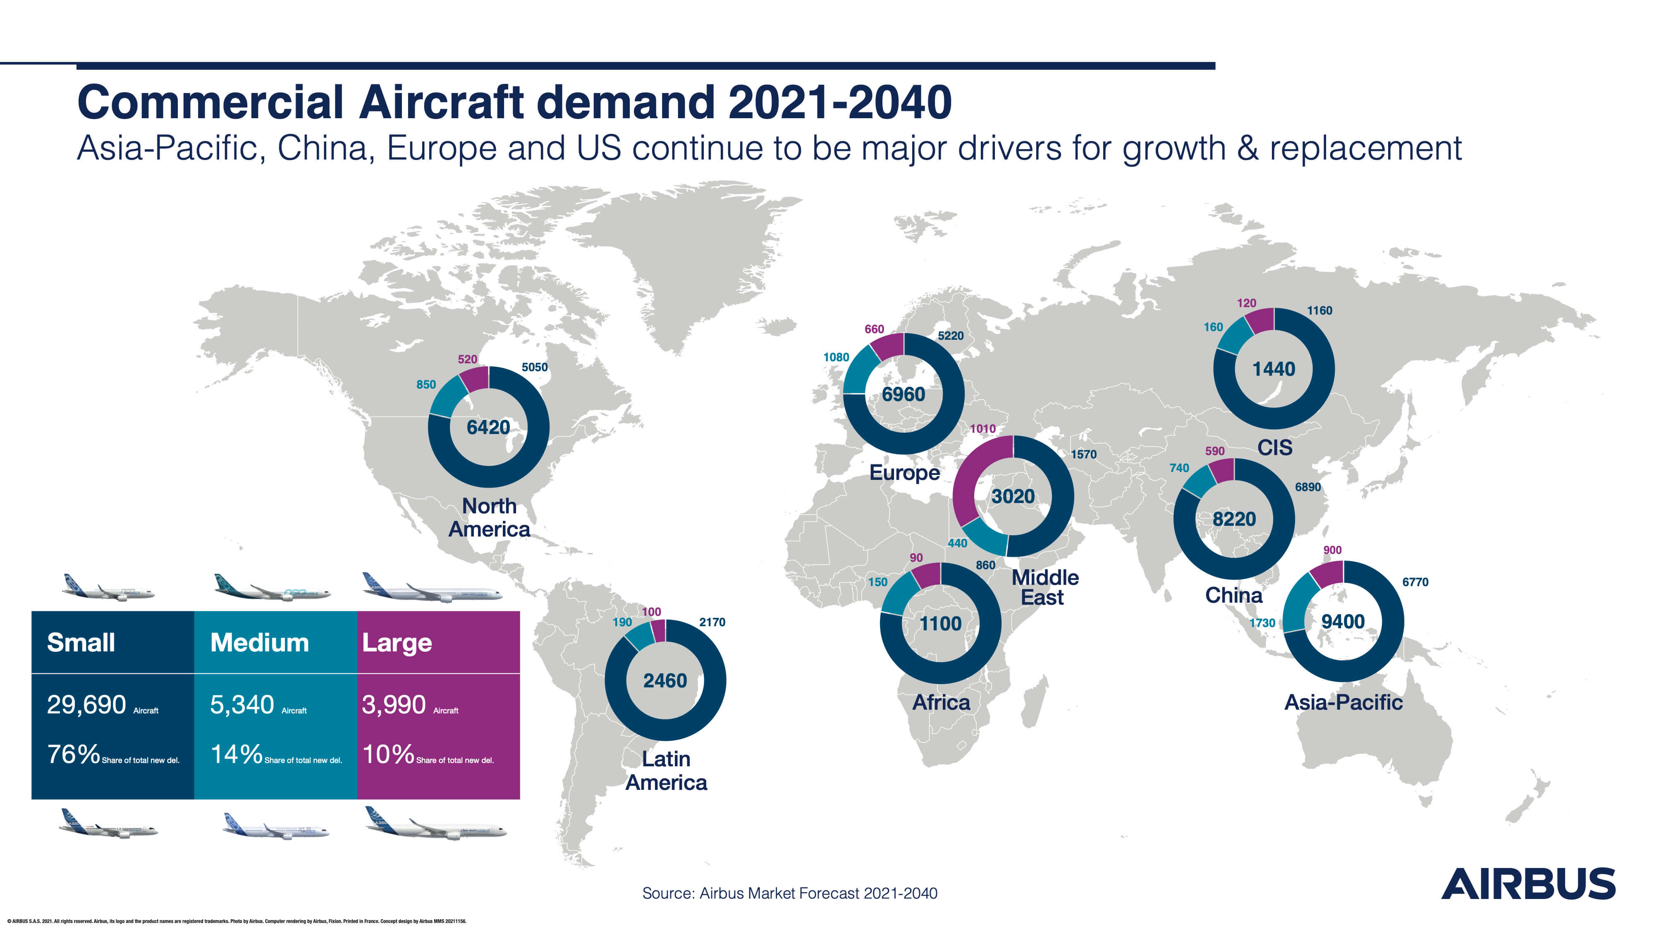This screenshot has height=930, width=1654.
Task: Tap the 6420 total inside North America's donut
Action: pyautogui.click(x=488, y=427)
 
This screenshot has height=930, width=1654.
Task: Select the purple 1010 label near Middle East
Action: pyautogui.click(x=982, y=429)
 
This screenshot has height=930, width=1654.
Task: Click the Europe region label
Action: pyautogui.click(x=904, y=473)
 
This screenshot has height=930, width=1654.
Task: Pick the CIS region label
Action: pyautogui.click(x=1274, y=447)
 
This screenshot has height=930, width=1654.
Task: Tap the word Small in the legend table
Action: pyautogui.click(x=81, y=642)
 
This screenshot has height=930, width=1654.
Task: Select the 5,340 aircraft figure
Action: pyautogui.click(x=242, y=705)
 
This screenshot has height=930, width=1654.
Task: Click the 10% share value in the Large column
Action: pyautogui.click(x=388, y=754)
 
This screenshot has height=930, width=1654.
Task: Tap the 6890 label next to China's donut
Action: pyautogui.click(x=1307, y=487)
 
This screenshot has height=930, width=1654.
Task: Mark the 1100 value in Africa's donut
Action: pyautogui.click(x=940, y=624)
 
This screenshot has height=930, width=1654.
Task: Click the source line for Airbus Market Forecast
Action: pyautogui.click(x=790, y=893)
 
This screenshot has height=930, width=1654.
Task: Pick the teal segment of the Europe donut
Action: pyautogui.click(x=856, y=372)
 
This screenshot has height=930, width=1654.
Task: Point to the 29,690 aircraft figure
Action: pyautogui.click(x=86, y=705)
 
